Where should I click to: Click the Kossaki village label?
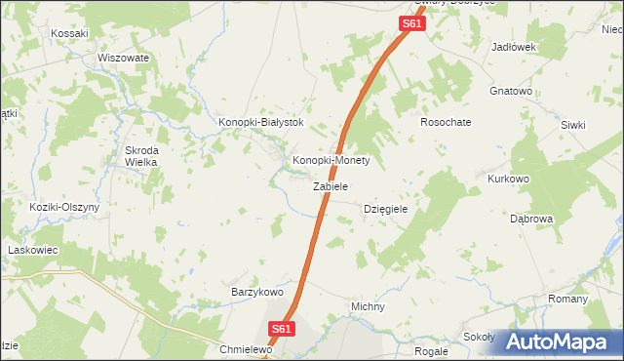tap(70, 33)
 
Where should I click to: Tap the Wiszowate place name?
tap(123, 58)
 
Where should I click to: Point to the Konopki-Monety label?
tap(331, 160)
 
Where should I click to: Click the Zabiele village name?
tap(331, 185)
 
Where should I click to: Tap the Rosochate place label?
tap(446, 123)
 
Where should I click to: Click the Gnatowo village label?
tap(510, 92)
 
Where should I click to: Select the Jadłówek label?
tap(515, 47)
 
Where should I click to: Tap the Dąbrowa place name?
tap(531, 219)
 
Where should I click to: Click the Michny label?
tap(368, 306)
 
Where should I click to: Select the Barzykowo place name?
tap(256, 292)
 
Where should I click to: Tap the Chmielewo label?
tap(244, 349)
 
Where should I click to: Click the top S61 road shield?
tap(412, 22)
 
